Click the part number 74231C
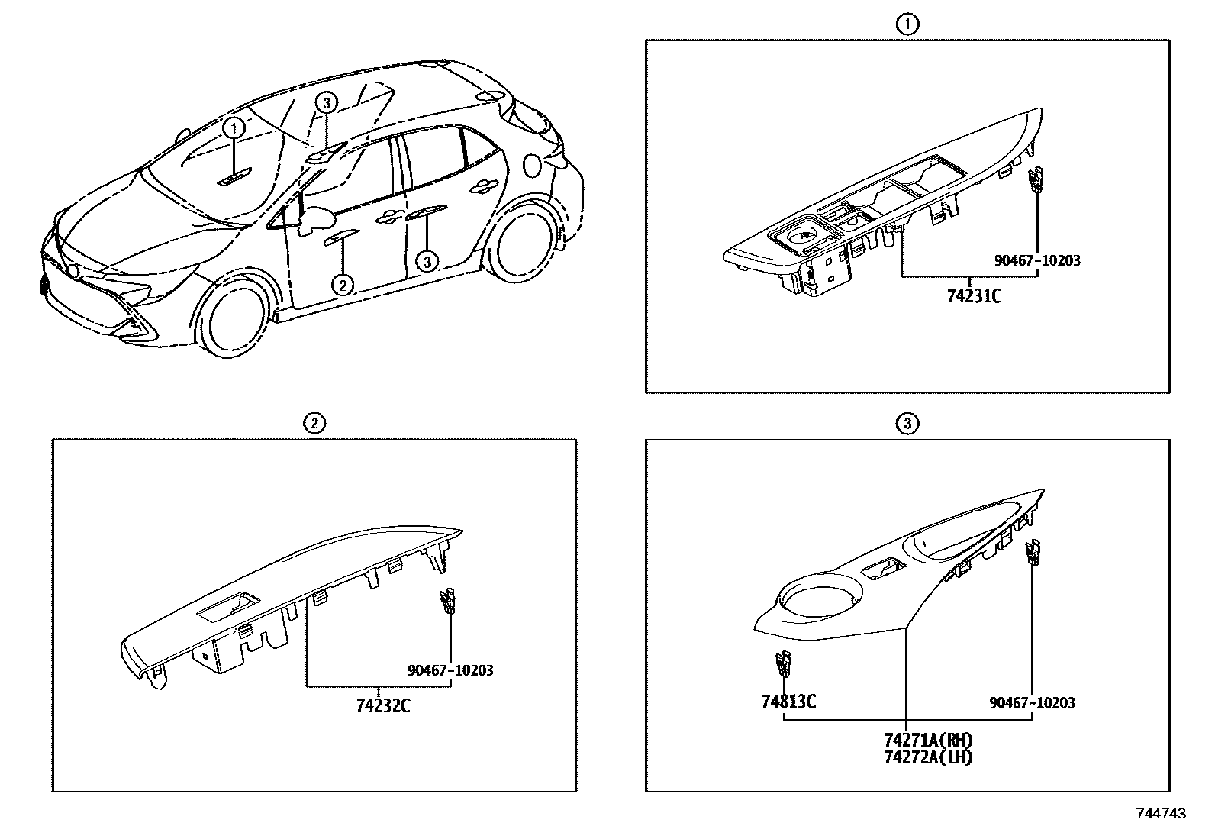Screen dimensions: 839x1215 tap(973, 295)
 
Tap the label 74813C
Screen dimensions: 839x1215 tap(788, 701)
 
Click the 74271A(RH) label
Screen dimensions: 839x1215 tap(929, 740)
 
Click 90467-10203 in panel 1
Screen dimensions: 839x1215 tap(1037, 260)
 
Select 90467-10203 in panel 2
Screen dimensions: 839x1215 tap(450, 670)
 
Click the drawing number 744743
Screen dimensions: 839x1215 tap(1161, 814)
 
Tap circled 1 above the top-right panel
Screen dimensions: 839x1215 tap(906, 25)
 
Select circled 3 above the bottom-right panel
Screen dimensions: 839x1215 tap(906, 424)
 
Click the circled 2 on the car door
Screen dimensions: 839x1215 tap(343, 285)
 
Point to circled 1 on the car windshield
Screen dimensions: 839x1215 tap(234, 128)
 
